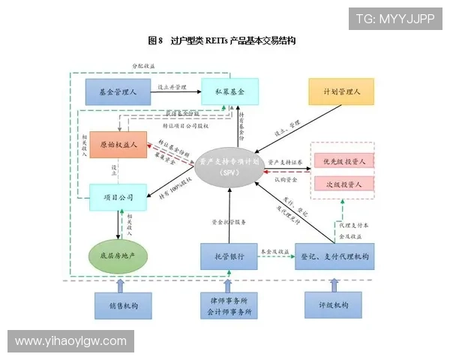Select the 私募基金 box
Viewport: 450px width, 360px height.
tap(229, 91)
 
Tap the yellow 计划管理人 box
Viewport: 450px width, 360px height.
tap(341, 91)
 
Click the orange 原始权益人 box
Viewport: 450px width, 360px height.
tap(118, 145)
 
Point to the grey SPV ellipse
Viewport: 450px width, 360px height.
tap(229, 166)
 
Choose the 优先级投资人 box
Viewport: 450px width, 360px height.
tap(343, 160)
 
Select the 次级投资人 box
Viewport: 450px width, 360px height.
tap(343, 183)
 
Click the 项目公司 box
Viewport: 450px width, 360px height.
tap(118, 198)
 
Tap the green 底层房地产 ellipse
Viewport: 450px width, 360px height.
tap(118, 256)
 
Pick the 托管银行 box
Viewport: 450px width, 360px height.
tap(229, 256)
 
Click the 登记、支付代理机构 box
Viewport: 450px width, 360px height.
tap(334, 256)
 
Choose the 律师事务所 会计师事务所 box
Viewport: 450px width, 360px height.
tap(229, 305)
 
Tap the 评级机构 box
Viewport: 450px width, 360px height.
tap(334, 305)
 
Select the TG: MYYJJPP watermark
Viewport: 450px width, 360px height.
tap(395, 18)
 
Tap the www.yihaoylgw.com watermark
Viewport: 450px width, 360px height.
tap(71, 341)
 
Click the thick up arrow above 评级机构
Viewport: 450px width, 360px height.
tap(334, 284)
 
